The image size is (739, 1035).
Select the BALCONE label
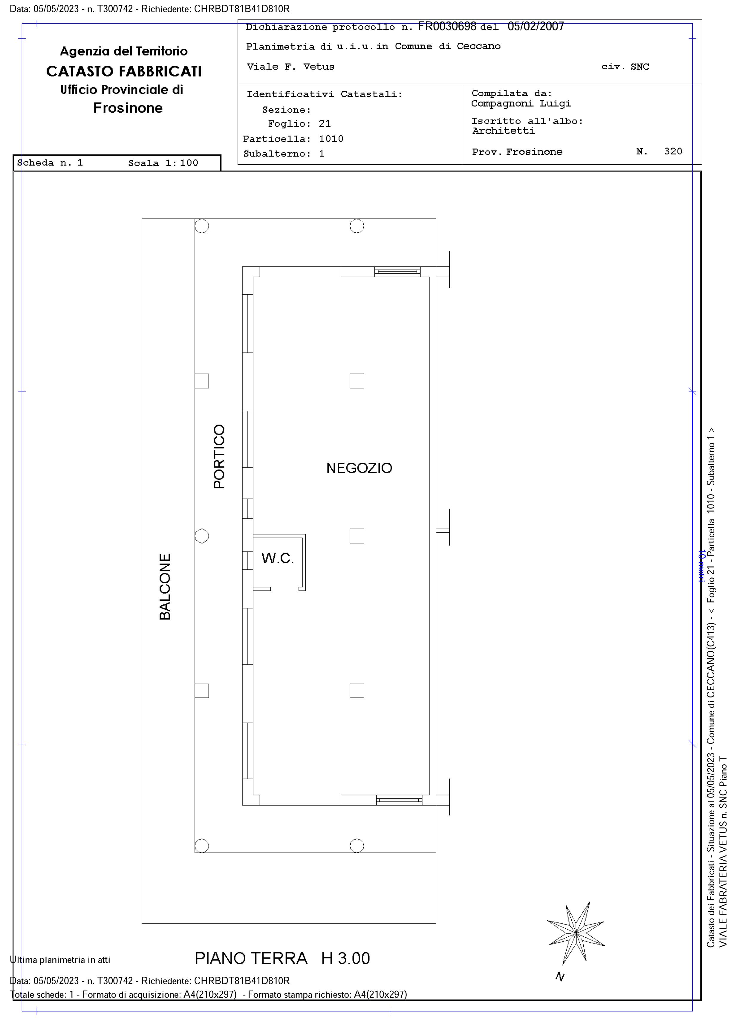165,587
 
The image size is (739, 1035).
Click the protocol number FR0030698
447,26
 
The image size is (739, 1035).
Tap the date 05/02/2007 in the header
535,26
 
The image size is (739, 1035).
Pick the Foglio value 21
325,124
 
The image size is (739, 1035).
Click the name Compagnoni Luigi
521,104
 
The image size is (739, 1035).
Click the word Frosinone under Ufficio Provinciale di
128,108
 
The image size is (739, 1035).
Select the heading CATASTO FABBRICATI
124,71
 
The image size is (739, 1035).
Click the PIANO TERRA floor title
251,959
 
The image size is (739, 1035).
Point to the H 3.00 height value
345,959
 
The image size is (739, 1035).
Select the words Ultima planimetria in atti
60,960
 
